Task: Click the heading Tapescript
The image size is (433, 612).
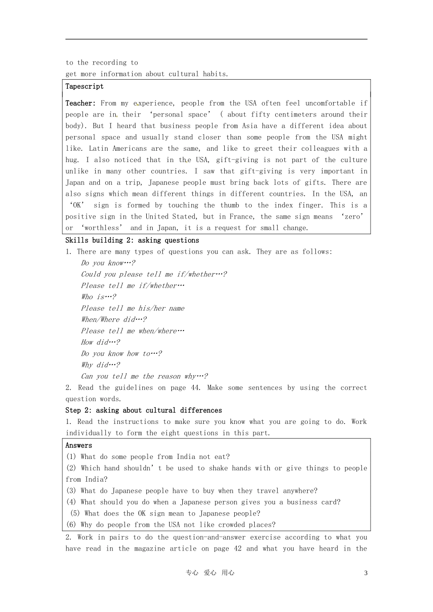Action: (84, 87)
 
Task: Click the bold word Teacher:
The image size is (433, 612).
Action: (80, 103)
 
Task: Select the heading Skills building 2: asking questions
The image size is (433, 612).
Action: (132, 240)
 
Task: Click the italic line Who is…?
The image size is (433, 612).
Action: (98, 297)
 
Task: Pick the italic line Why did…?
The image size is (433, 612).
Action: (100, 365)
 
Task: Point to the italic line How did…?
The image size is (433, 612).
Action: (100, 342)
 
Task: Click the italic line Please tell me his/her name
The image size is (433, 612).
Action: (133, 308)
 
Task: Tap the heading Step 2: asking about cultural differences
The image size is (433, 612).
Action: (144, 410)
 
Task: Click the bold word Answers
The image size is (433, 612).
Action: (78, 445)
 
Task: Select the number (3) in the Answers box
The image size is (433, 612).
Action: (71, 491)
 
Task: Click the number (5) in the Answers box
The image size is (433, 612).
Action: (75, 513)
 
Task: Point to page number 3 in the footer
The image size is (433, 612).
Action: (366, 573)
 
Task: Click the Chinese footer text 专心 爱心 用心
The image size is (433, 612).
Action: (210, 573)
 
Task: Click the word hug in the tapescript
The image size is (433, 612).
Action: (71, 160)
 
